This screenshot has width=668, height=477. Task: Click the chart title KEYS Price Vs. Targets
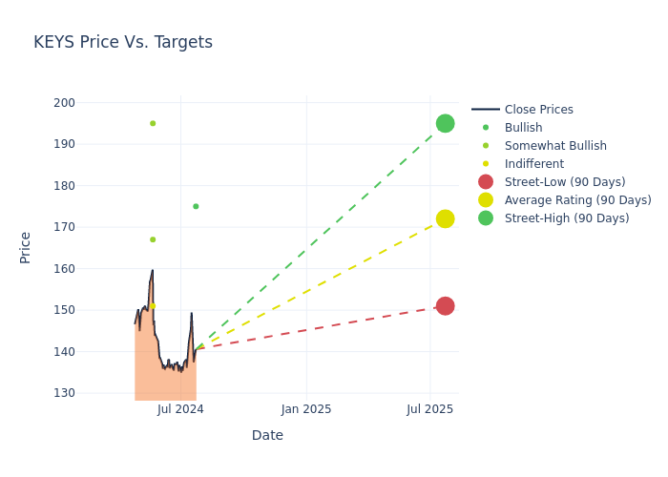(123, 43)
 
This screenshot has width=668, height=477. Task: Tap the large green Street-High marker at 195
(445, 123)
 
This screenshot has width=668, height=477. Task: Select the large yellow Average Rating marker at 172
(445, 218)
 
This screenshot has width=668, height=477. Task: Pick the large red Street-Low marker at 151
(445, 305)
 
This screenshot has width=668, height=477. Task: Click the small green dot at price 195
(153, 123)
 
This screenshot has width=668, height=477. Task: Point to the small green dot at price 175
(196, 206)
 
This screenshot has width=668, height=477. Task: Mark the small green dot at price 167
(153, 239)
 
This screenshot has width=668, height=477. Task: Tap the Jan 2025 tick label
(306, 409)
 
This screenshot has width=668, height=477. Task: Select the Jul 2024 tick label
(180, 409)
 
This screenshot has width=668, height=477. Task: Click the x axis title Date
(267, 436)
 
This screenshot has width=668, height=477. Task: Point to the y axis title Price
(26, 247)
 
